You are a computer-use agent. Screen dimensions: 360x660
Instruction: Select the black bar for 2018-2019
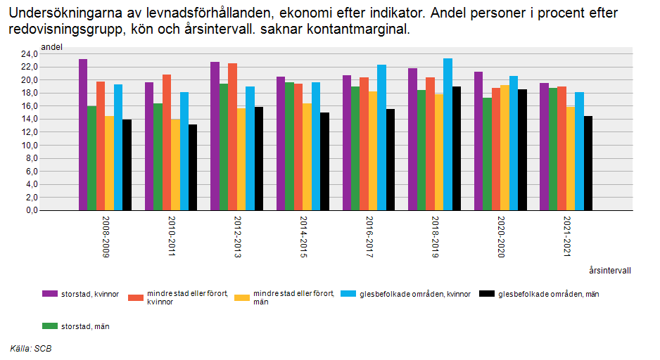[x=457, y=148]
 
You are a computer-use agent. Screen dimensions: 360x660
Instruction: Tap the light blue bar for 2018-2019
[x=448, y=134]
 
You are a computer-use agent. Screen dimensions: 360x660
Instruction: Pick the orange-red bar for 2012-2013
[x=232, y=137]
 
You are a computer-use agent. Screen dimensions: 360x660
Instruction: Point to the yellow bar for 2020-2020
[x=504, y=148]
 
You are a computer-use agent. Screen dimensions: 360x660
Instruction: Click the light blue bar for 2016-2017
[x=381, y=138]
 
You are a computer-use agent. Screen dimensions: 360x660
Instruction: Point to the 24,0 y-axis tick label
[x=28, y=53]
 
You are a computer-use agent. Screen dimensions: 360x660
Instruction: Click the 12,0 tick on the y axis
[x=28, y=132]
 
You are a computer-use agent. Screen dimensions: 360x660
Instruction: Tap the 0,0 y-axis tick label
[x=30, y=211]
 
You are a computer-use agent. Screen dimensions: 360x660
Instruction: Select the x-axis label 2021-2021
[x=567, y=238]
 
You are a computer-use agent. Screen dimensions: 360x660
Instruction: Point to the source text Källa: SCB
[x=31, y=348]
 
